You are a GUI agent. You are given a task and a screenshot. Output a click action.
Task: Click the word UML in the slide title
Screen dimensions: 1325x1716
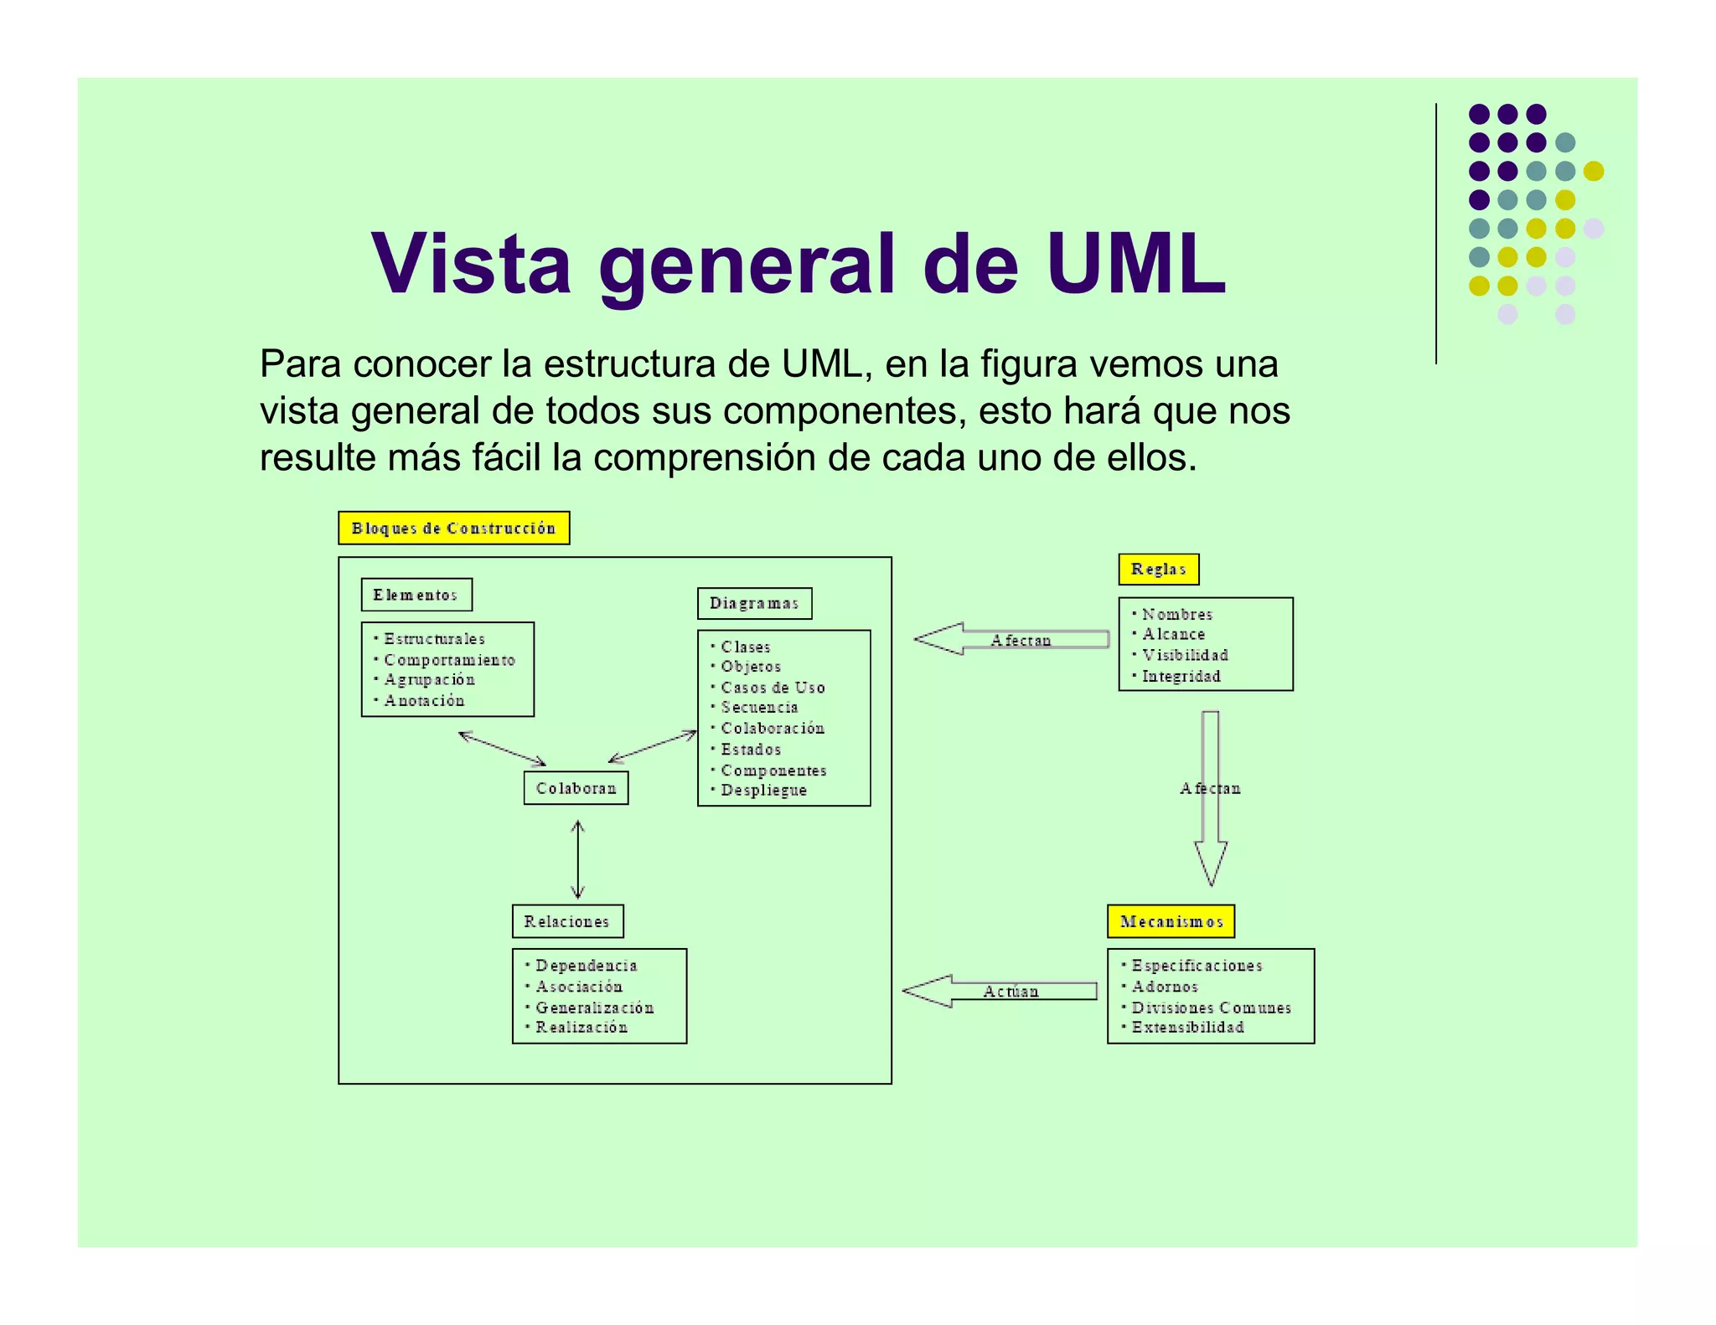point(1135,265)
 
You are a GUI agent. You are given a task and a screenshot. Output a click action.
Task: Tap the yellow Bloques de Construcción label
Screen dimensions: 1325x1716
point(453,528)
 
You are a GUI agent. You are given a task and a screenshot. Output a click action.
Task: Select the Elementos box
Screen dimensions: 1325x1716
point(416,595)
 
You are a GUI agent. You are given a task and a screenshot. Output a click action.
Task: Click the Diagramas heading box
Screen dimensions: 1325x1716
point(754,603)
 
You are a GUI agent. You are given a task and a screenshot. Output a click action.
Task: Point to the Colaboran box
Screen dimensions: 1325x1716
point(576,788)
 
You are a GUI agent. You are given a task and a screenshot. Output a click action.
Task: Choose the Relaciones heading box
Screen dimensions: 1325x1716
point(567,921)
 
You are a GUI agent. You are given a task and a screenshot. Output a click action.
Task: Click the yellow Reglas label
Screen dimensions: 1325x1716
point(1158,570)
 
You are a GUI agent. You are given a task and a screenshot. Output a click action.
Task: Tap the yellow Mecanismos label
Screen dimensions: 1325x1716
point(1171,921)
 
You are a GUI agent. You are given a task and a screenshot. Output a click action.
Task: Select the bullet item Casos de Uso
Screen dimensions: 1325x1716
point(773,688)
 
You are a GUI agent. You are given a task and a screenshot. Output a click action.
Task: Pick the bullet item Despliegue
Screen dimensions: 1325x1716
point(763,790)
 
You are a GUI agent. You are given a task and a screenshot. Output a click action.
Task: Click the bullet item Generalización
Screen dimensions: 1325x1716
point(594,1008)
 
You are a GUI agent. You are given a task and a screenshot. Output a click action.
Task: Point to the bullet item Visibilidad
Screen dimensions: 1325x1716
point(1185,655)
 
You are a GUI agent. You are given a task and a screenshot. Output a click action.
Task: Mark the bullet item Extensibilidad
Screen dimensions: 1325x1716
point(1187,1028)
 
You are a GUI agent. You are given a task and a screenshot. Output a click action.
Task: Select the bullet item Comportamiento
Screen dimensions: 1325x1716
point(449,660)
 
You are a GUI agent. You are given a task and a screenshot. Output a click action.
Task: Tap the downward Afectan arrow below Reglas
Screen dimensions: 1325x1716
point(1210,796)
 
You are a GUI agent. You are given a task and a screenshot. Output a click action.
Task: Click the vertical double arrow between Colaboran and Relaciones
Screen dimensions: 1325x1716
point(577,860)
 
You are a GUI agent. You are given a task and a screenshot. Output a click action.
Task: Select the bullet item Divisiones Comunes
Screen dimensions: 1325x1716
point(1211,1008)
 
